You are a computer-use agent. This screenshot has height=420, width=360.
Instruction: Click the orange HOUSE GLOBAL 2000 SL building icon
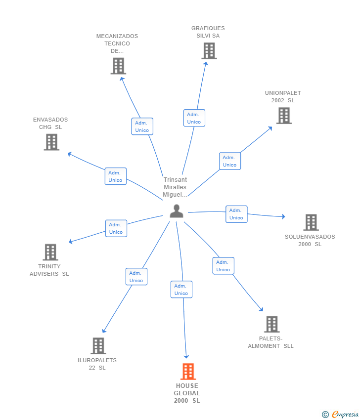pos(188,372)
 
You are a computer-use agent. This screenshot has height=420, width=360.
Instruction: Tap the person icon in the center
pos(177,211)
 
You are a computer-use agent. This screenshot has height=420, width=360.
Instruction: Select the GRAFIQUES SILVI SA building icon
pos(209,51)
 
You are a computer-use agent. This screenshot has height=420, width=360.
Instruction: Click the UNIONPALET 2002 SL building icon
pos(284,116)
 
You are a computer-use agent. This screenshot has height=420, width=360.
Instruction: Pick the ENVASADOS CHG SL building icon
pos(51,142)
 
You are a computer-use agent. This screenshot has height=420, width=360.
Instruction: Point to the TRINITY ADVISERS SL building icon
pos(50,252)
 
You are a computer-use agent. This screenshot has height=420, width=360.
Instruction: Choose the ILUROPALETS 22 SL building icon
pos(98,346)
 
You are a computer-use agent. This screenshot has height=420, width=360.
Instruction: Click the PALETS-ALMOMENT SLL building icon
pos(272,324)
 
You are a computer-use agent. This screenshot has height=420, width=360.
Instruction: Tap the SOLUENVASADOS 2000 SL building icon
pos(311,222)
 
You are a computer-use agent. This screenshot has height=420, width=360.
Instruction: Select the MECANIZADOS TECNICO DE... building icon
pos(118,66)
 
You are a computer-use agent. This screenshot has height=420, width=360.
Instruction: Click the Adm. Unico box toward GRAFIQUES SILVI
pos(194,118)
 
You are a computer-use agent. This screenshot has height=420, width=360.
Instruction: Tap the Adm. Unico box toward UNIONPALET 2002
pos(230,161)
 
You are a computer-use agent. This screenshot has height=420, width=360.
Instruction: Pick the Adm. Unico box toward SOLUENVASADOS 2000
pos(236,214)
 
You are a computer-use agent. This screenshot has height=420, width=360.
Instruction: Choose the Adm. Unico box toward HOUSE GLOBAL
pos(181,289)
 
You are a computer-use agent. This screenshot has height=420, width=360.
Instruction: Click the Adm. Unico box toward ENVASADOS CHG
pos(115,176)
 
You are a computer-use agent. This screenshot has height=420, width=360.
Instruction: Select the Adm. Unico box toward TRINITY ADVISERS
pos(116,228)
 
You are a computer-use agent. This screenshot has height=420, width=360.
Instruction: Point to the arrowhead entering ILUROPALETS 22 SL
pos(104,331)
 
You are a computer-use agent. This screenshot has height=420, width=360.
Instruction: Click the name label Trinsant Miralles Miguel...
pos(175,187)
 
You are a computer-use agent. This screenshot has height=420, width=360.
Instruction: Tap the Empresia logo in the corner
pos(340,414)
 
